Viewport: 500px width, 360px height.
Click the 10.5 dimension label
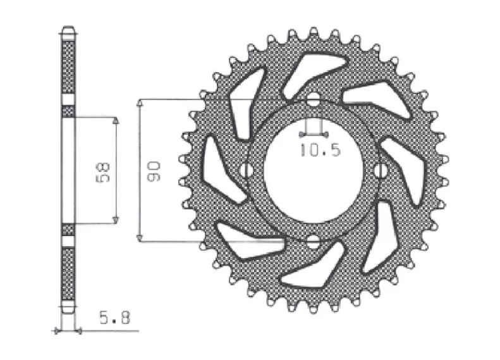pos(320,150)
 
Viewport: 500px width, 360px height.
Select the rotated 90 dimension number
pos(154,171)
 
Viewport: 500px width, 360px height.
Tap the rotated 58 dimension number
pos(102,172)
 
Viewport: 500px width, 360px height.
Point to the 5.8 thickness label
pos(114,318)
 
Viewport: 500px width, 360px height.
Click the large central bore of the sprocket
pos(314,170)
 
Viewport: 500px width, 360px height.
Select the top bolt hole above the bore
pos(313,99)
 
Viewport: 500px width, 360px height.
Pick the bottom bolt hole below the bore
pos(313,242)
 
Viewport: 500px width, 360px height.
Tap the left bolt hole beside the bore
pos(246,170)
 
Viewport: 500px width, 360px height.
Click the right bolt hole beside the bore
pos(380,170)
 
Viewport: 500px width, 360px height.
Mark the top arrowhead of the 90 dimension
pos(139,102)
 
